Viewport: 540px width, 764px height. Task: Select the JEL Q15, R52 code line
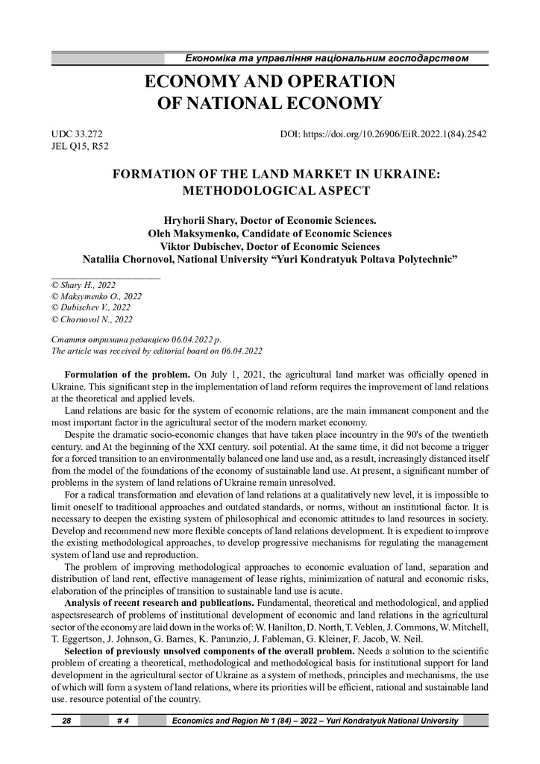[78, 147]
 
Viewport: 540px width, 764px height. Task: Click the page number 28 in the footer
[66, 721]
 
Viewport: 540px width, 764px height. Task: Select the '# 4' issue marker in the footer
[125, 721]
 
